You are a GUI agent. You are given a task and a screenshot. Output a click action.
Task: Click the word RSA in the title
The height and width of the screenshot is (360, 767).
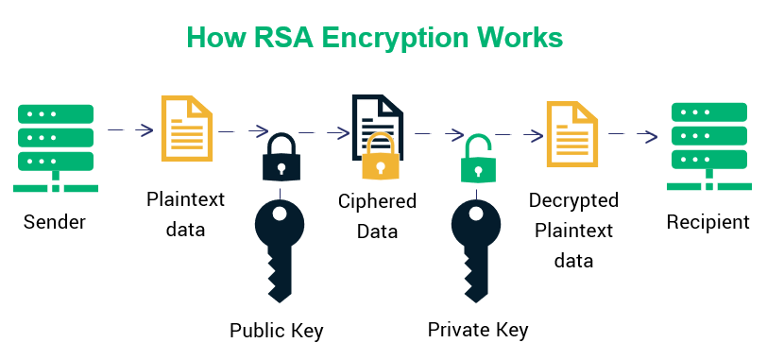tap(275, 37)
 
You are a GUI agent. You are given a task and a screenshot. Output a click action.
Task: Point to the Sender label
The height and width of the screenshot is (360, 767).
tap(55, 223)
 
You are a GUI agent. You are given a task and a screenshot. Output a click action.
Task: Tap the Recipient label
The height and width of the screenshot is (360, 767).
tap(708, 223)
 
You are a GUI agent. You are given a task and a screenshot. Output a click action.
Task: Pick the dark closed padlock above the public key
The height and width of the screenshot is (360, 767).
tap(281, 157)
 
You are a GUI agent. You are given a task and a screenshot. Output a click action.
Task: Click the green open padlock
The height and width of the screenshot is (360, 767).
tap(478, 159)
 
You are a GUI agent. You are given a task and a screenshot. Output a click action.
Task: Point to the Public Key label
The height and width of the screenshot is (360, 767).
tap(277, 331)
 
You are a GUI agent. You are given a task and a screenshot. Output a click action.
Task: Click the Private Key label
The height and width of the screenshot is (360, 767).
tap(478, 330)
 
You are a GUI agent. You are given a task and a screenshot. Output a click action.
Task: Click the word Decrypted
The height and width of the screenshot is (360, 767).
tap(573, 200)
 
